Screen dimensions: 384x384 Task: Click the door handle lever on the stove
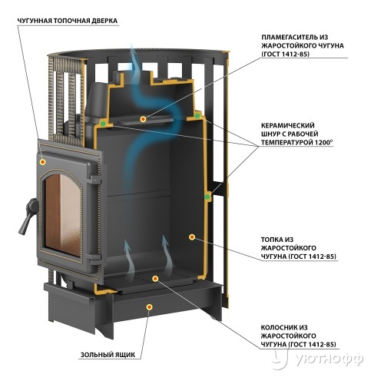(28, 215)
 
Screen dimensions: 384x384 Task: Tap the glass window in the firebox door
(63, 214)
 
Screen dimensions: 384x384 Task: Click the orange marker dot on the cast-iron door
(43, 162)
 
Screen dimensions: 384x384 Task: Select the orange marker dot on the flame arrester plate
(143, 119)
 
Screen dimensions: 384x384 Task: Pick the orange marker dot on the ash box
(150, 307)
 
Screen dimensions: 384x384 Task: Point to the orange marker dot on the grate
(155, 279)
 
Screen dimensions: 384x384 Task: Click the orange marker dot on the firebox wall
(192, 237)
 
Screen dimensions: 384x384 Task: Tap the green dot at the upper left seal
(103, 124)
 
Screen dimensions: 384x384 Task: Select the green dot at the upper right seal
(197, 116)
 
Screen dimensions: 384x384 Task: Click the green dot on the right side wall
(207, 197)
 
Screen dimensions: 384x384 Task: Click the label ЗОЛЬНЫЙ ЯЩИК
(108, 355)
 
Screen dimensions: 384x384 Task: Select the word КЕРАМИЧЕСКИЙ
(287, 126)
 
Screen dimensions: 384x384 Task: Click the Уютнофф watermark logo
(317, 359)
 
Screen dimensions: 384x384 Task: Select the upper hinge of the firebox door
(94, 179)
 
